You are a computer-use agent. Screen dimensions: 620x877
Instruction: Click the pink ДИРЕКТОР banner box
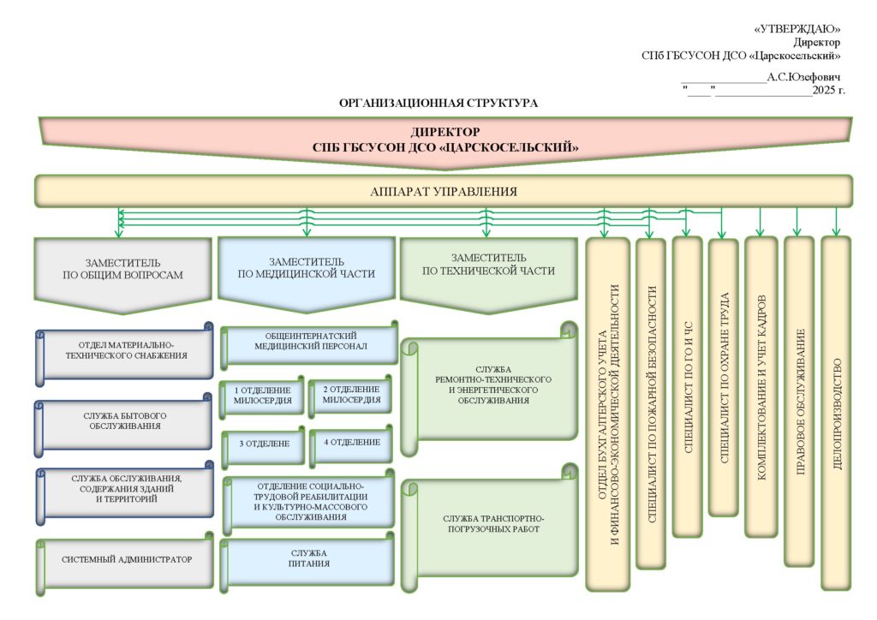pyautogui.click(x=445, y=140)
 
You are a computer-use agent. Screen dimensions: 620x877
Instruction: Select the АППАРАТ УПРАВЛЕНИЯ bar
pyautogui.click(x=444, y=191)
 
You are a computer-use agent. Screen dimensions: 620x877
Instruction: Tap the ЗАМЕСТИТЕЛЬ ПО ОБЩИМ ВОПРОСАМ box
pyautogui.click(x=122, y=269)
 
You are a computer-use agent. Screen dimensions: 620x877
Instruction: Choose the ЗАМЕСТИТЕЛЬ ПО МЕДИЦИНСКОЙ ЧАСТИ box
pyautogui.click(x=307, y=268)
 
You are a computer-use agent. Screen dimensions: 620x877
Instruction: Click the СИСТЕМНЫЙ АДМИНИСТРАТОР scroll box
pyautogui.click(x=126, y=560)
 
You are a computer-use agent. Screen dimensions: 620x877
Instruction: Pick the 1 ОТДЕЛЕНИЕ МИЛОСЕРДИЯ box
pyautogui.click(x=262, y=395)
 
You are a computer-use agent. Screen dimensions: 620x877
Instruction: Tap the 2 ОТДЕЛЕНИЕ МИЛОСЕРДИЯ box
pyautogui.click(x=351, y=394)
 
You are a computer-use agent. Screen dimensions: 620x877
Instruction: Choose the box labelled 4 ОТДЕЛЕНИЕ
pyautogui.click(x=352, y=443)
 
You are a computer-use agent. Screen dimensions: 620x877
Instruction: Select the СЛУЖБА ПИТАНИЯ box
pyautogui.click(x=309, y=558)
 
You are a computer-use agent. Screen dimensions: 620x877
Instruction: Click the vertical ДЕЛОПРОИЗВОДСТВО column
pyautogui.click(x=837, y=411)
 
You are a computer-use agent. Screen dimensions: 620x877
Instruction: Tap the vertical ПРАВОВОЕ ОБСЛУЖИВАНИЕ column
pyautogui.click(x=800, y=402)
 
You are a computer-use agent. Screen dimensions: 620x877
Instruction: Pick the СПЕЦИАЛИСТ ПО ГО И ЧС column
pyautogui.click(x=687, y=385)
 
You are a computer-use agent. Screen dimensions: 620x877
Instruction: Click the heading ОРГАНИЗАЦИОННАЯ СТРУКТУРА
pyautogui.click(x=438, y=103)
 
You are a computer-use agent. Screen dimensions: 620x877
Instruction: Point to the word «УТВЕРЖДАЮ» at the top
pyautogui.click(x=797, y=29)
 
